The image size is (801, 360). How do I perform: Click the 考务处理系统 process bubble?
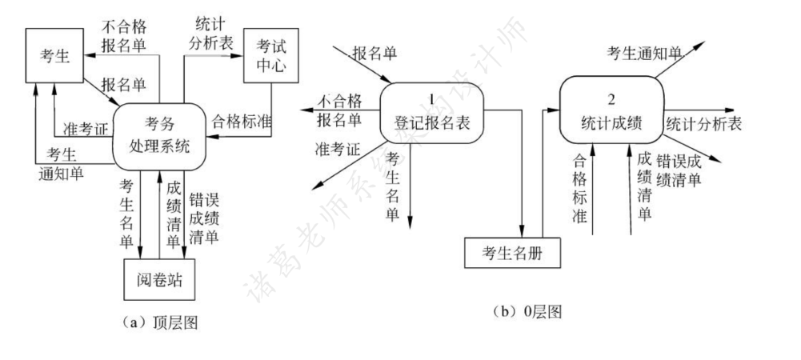[159, 136]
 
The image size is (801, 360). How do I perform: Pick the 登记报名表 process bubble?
[431, 112]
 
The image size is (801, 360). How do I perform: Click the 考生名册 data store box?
[512, 254]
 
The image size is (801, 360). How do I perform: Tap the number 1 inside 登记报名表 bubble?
[431, 99]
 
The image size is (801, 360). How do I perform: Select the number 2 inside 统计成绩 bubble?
[611, 99]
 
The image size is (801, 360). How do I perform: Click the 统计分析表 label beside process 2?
[703, 125]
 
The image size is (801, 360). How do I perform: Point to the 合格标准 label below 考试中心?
[241, 122]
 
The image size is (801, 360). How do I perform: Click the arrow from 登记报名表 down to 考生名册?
[522, 176]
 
